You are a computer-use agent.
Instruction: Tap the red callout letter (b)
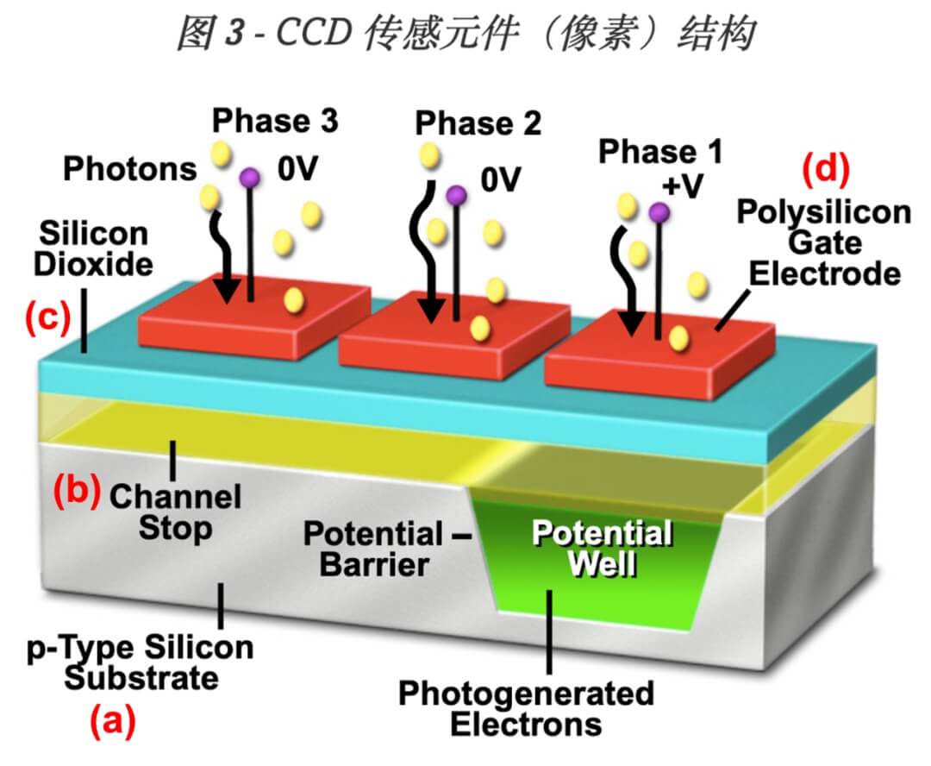[76, 490]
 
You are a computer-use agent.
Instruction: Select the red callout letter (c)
[46, 318]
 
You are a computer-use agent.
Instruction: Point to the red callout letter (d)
[827, 169]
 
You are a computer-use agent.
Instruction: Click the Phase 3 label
[275, 121]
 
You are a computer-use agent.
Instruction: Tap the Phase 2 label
[478, 123]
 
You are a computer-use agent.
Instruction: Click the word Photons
[130, 169]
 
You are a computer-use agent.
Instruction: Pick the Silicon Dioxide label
[92, 248]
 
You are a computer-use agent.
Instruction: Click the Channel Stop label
[175, 512]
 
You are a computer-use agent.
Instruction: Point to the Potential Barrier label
[373, 549]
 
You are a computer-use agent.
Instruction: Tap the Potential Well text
[602, 549]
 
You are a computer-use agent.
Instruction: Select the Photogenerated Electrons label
[526, 707]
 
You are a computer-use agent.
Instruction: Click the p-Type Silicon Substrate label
[141, 662]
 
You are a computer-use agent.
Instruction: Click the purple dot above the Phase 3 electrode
[250, 177]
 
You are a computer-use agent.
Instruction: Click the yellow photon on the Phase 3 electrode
[294, 299]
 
